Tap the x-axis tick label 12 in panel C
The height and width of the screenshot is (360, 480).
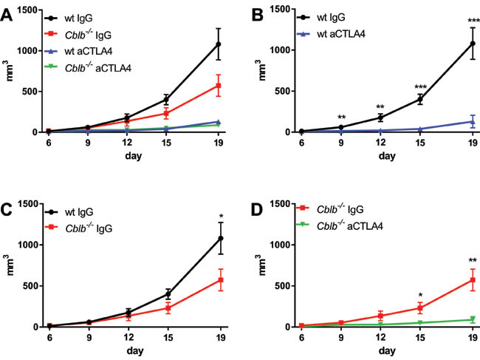(109, 339)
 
